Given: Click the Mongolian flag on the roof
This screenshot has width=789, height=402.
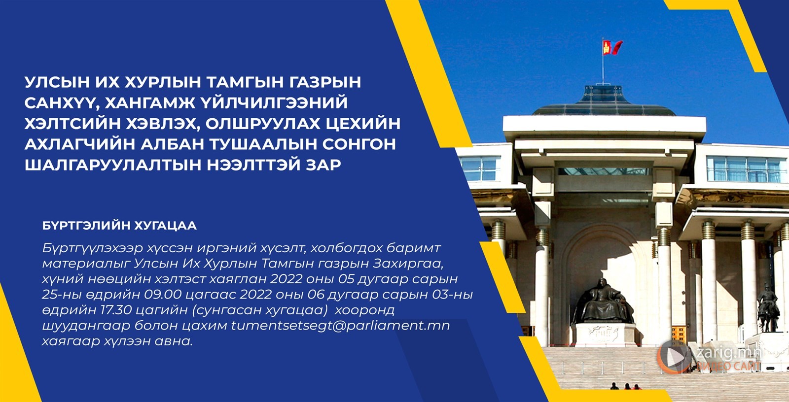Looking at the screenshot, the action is pos(612,47).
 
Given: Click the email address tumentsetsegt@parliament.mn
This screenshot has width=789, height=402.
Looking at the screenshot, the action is pos(340,326).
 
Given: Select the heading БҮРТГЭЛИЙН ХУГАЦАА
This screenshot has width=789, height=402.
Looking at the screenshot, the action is pos(119,226).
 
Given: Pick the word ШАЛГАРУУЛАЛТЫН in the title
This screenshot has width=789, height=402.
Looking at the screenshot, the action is pos(112,165).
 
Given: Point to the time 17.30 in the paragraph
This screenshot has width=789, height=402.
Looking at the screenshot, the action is pos(116,310).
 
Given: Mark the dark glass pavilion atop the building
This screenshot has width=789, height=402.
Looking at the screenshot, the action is pos(603,100).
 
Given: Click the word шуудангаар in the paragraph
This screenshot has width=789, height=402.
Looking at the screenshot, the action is pos(86,326).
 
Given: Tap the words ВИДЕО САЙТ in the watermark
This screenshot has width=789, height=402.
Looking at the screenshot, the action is pos(728,366).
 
